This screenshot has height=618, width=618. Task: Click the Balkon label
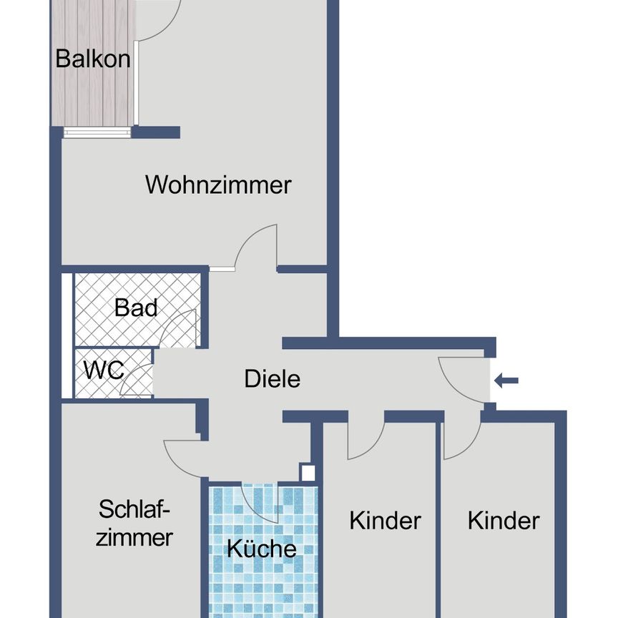[x=93, y=59]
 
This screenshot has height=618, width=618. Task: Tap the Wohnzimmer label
[x=218, y=185]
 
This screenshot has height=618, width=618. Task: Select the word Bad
[x=136, y=308]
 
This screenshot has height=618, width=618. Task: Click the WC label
[x=104, y=371]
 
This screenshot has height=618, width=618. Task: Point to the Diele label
[x=272, y=378]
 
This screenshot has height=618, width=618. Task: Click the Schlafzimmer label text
[x=135, y=524]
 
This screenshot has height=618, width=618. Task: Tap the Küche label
[x=261, y=549]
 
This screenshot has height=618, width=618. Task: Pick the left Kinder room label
[x=385, y=521]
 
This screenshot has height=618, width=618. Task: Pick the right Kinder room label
[x=504, y=521]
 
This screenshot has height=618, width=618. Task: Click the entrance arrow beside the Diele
[x=506, y=381]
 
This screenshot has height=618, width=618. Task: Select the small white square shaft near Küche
[x=308, y=472]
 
